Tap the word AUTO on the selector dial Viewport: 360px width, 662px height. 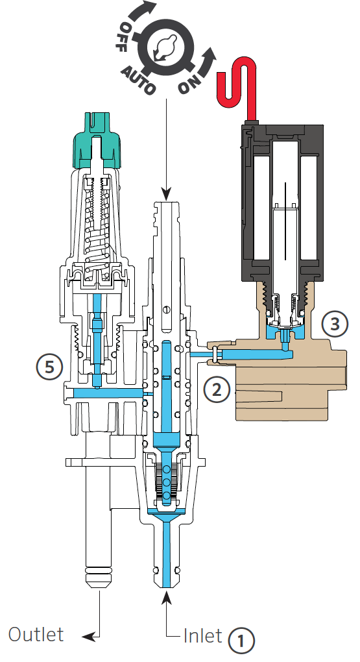point(138,79)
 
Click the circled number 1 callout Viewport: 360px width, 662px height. point(241,641)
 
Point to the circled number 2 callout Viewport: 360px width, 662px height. point(217,389)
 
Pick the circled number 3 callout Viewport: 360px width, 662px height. point(335,324)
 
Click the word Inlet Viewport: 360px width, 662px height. point(202,635)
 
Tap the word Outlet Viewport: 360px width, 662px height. point(36,634)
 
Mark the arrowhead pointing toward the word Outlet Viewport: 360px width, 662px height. point(88,636)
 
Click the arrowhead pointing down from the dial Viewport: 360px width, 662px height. point(166,195)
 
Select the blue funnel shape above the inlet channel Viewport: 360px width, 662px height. point(167,515)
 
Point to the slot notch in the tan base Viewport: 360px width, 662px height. point(258,396)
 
